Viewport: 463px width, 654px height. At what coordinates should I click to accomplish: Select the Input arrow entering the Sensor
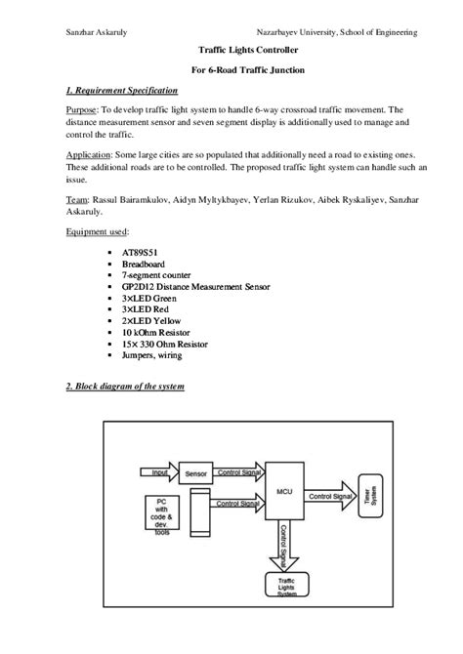(159, 473)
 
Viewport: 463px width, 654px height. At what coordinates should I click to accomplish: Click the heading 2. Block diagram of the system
(117, 387)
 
